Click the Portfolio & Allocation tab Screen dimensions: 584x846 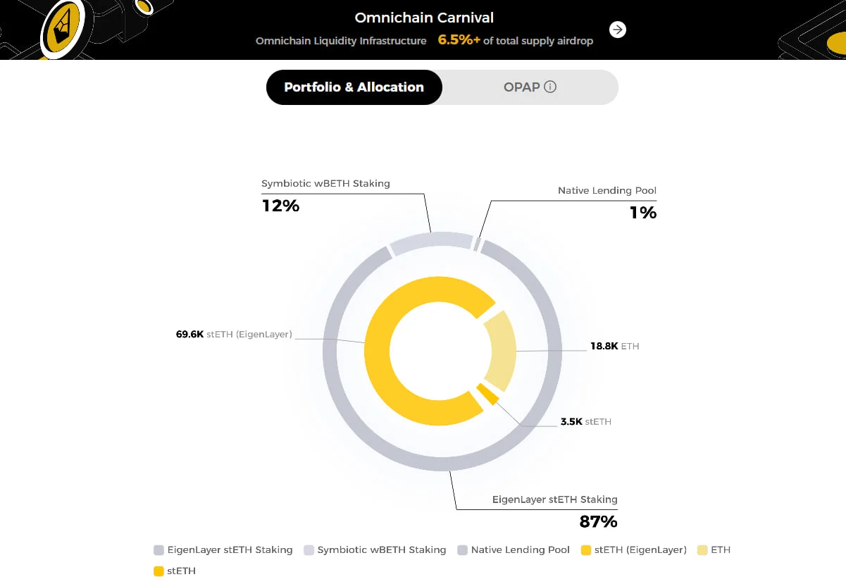[x=354, y=87]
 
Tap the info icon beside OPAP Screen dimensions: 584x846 [x=551, y=87]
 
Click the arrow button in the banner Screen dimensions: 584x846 [x=618, y=30]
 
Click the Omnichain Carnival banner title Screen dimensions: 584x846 [x=424, y=18]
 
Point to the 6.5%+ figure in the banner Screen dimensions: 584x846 [x=459, y=40]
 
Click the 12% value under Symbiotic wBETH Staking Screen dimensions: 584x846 [x=280, y=206]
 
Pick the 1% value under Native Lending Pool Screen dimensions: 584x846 [x=642, y=212]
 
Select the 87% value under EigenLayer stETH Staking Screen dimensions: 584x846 [x=598, y=521]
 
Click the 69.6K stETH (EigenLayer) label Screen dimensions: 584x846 [x=233, y=334]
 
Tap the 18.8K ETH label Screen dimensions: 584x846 [x=614, y=346]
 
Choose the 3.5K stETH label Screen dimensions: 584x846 [x=585, y=421]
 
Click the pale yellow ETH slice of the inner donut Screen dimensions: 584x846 [x=502, y=351]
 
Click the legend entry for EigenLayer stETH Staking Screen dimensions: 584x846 [x=223, y=549]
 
